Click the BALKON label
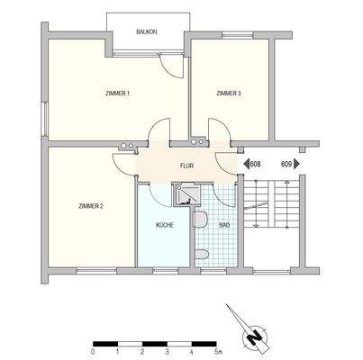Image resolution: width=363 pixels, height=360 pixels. click(x=147, y=31)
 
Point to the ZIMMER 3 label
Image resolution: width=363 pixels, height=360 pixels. click(x=230, y=94)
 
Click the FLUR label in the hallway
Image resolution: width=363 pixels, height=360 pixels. click(x=187, y=166)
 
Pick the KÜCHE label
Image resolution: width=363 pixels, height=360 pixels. click(x=165, y=224)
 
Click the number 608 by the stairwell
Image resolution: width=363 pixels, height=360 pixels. click(x=255, y=165)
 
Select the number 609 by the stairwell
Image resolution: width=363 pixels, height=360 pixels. click(x=286, y=165)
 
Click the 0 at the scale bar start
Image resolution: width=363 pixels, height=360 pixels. click(x=93, y=352)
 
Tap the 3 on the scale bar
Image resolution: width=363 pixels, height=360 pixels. click(x=168, y=352)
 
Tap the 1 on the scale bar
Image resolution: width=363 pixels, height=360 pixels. click(x=118, y=352)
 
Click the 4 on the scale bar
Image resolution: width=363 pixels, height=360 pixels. click(x=195, y=352)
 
